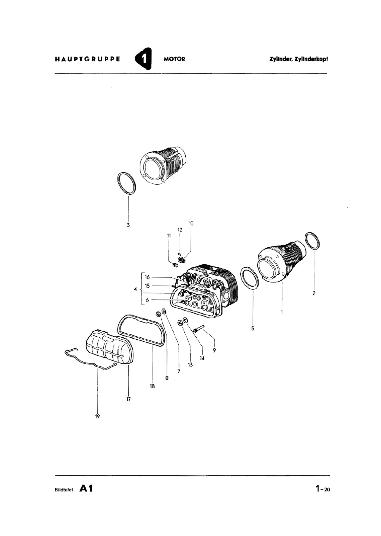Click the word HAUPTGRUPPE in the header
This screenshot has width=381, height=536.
[x=87, y=59]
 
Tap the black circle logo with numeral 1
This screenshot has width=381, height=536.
[x=143, y=59]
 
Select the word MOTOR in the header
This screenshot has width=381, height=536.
[x=174, y=59]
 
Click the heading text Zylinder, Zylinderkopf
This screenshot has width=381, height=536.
[x=298, y=59]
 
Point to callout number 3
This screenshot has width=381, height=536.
[x=128, y=225]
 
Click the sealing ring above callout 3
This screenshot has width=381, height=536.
[x=127, y=183]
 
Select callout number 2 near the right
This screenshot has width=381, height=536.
[x=314, y=293]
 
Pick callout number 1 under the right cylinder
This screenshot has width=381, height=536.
[x=282, y=312]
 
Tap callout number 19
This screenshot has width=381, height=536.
[x=97, y=416]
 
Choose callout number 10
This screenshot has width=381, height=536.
[x=191, y=223]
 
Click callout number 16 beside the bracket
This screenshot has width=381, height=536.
[x=147, y=277]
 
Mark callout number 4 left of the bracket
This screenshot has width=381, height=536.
[x=135, y=289]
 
